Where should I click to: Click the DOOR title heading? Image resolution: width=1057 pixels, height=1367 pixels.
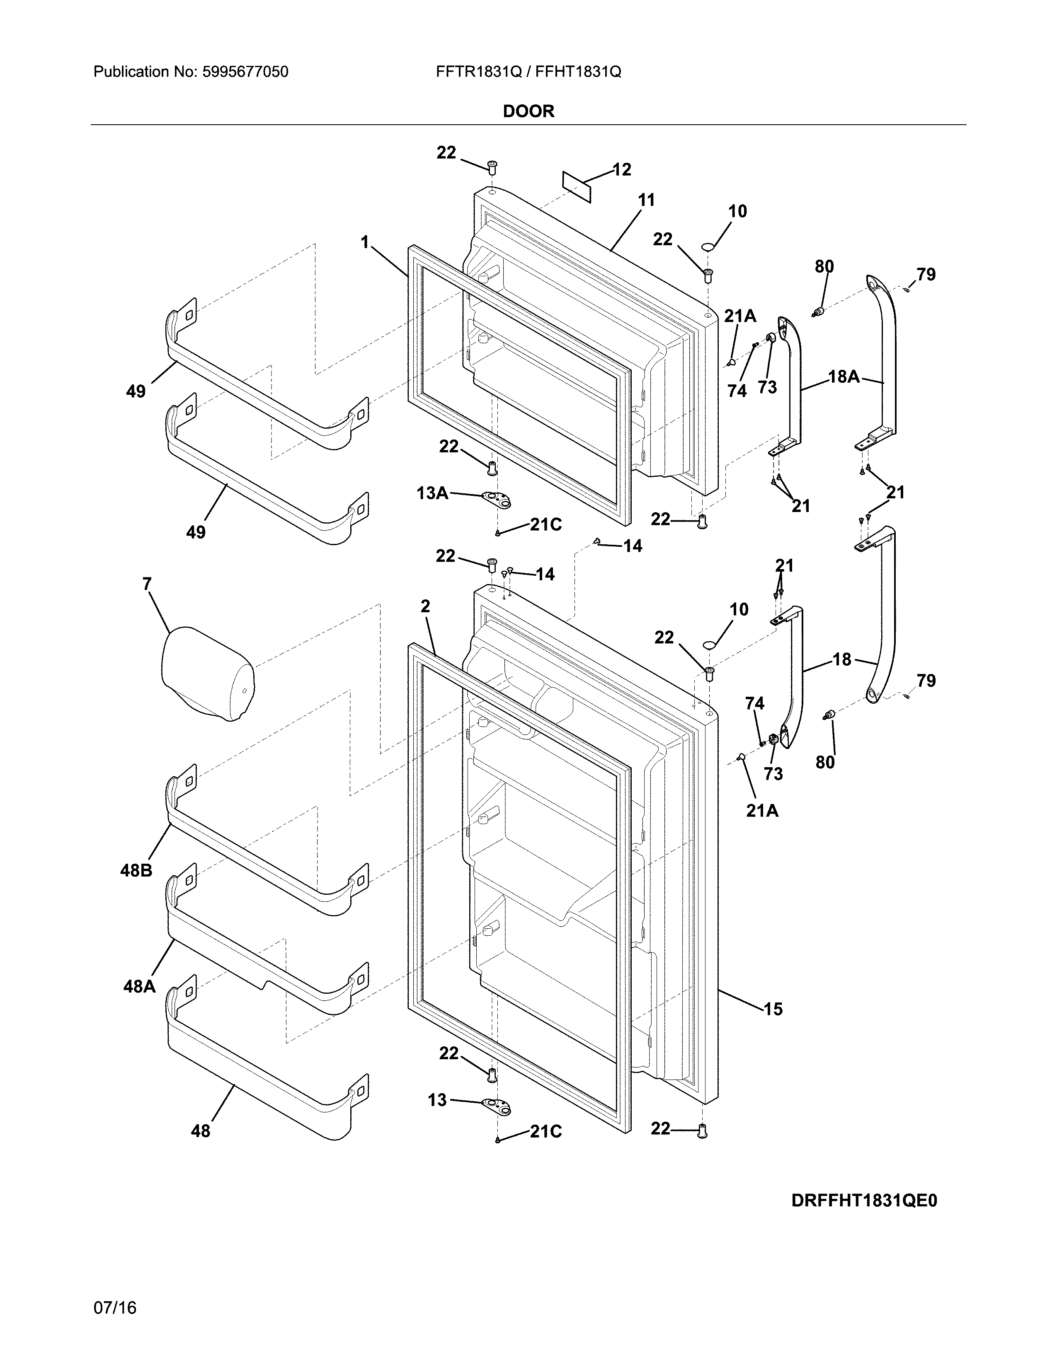click(x=528, y=111)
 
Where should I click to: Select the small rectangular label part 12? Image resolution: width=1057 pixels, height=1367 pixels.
click(x=577, y=186)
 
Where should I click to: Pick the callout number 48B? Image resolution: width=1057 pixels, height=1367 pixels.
click(x=136, y=870)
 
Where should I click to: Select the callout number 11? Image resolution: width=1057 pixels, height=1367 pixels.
click(x=646, y=200)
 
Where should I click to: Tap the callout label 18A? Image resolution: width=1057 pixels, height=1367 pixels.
click(x=844, y=376)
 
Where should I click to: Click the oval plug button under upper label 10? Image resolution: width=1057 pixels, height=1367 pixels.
click(x=707, y=246)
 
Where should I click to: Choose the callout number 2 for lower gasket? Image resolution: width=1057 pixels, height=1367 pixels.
click(x=425, y=606)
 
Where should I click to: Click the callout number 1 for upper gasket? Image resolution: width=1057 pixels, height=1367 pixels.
click(x=364, y=242)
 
